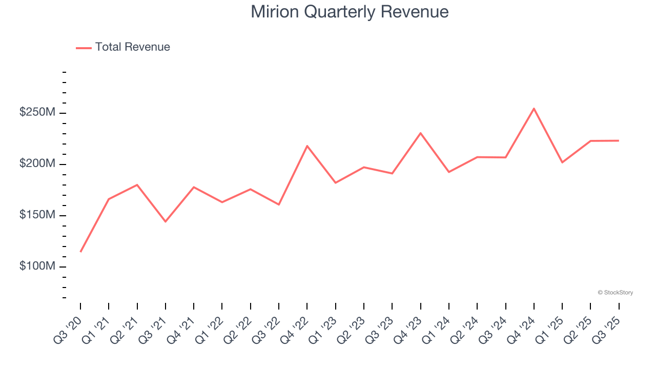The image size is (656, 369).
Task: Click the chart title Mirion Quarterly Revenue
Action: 350,12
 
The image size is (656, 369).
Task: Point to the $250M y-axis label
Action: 37,112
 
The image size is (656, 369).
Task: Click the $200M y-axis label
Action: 37,163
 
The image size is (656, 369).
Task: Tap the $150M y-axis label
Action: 37,215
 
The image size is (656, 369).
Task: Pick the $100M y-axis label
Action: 37,266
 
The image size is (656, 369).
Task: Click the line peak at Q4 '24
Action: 534,109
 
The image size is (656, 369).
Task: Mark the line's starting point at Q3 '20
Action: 80,252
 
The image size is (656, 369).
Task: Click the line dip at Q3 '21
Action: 166,221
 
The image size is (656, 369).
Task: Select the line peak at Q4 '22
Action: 307,146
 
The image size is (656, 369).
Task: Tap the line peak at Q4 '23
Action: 420,133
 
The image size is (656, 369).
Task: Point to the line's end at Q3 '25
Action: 619,140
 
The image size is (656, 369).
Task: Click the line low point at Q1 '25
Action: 562,162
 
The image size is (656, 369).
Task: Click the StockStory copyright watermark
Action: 615,293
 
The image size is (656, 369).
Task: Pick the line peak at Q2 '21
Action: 137,184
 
